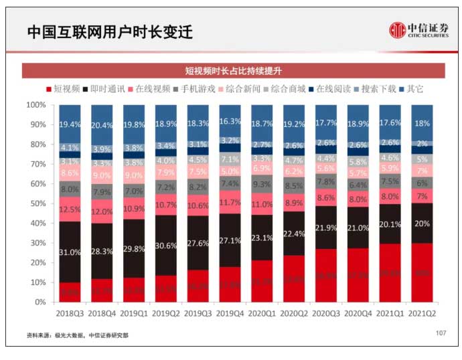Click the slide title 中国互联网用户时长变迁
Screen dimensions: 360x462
(x=110, y=32)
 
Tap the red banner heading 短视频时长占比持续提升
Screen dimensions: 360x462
(x=234, y=71)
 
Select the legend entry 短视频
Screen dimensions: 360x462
(x=64, y=89)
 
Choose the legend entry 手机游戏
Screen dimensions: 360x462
(x=196, y=89)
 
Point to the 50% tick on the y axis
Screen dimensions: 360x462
(x=37, y=203)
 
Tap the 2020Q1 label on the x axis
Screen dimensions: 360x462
(x=262, y=311)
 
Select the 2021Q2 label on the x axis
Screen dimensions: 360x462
(x=422, y=311)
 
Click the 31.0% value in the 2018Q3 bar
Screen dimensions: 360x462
(x=70, y=253)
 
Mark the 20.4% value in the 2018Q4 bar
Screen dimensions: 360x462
(x=102, y=125)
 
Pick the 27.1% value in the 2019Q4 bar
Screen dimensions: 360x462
(x=230, y=240)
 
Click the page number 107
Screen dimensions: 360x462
(x=440, y=333)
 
